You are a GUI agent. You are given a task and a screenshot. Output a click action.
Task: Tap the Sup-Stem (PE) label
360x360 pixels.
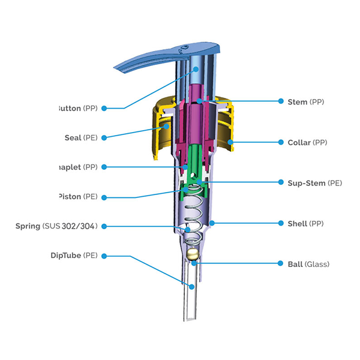pyautogui.click(x=311, y=182)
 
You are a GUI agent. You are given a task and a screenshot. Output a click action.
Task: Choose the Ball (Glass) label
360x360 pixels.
pyautogui.click(x=308, y=264)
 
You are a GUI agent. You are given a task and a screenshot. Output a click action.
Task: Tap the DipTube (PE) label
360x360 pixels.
pyautogui.click(x=74, y=256)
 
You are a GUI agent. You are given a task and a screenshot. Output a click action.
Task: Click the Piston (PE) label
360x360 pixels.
pyautogui.click(x=78, y=196)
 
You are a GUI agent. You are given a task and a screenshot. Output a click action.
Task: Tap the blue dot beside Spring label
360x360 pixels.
pyautogui.click(x=104, y=226)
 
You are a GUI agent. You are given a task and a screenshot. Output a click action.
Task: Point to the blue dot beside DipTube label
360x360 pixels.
pyautogui.click(x=104, y=256)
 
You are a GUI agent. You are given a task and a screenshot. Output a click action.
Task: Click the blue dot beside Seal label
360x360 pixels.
pyautogui.click(x=104, y=137)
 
